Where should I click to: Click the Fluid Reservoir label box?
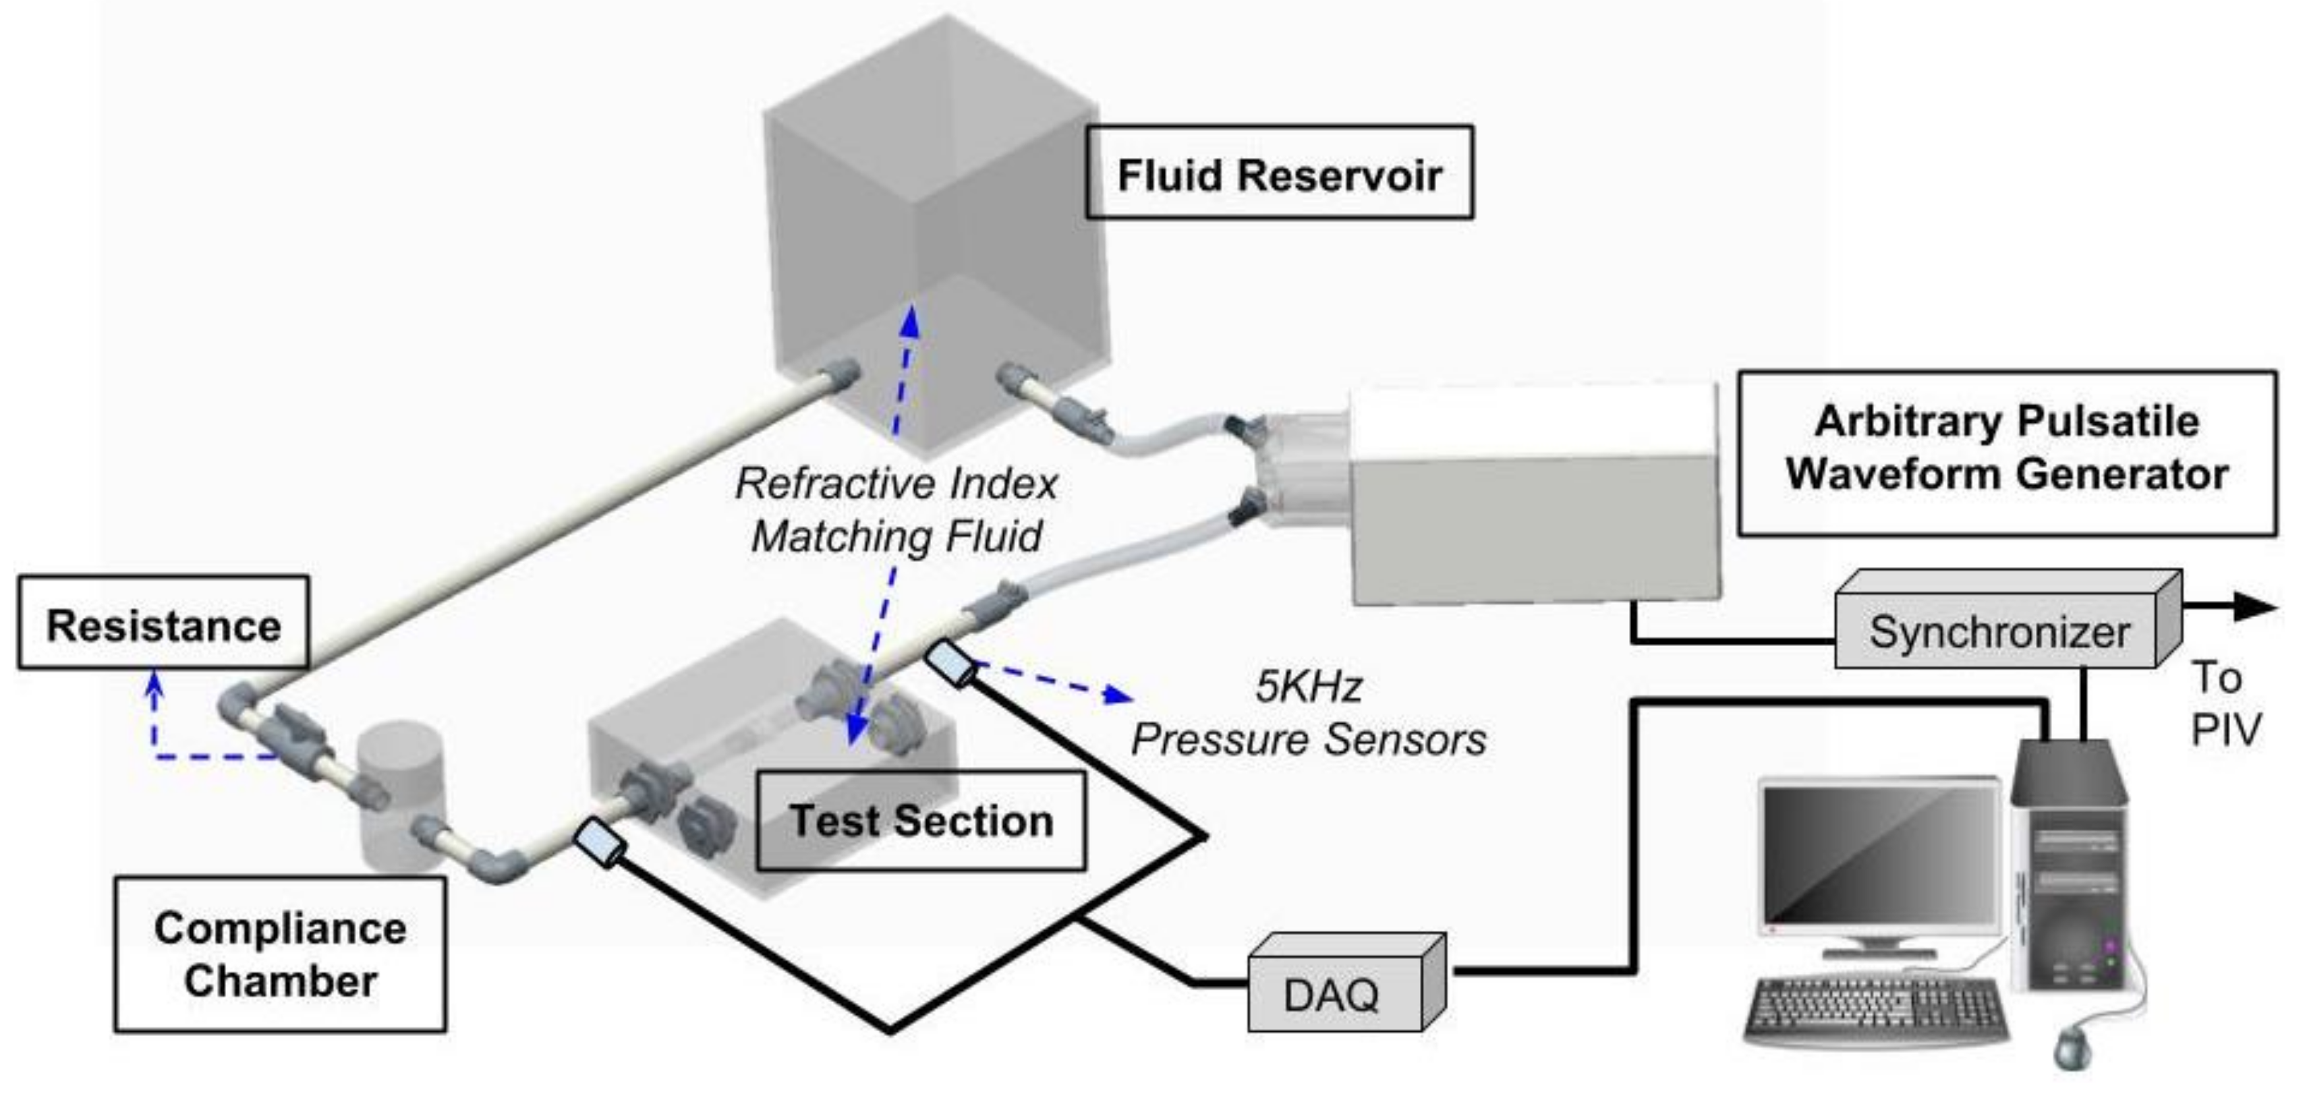pyautogui.click(x=1278, y=173)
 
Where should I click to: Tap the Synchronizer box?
pyautogui.click(x=1997, y=632)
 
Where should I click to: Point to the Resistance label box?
pyautogui.click(x=163, y=625)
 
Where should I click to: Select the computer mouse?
pyautogui.click(x=2071, y=1046)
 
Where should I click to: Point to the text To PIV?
pyautogui.click(x=2225, y=704)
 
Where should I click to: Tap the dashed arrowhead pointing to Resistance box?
pyautogui.click(x=156, y=683)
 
